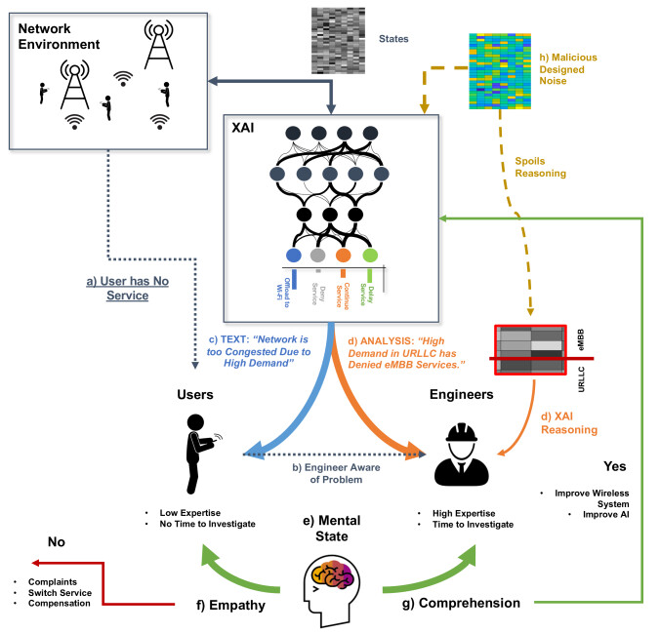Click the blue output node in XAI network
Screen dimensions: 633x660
(x=292, y=255)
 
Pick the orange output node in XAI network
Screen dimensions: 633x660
(x=343, y=255)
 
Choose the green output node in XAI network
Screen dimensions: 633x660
(x=369, y=255)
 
